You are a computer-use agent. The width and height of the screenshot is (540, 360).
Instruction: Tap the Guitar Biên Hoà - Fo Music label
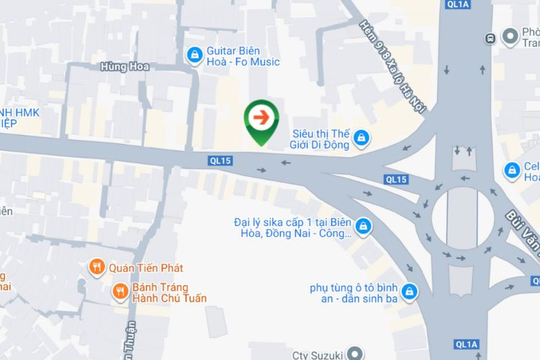pos(243,56)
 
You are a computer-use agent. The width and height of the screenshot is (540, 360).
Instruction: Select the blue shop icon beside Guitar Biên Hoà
pos(194,55)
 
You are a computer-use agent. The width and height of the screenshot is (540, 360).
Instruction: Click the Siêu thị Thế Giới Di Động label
pos(320,139)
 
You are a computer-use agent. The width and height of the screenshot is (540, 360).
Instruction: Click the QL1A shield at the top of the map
pos(458,4)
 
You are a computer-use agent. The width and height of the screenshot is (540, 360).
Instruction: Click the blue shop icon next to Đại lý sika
pos(364,225)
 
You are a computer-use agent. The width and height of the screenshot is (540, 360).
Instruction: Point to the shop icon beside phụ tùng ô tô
pos(410,291)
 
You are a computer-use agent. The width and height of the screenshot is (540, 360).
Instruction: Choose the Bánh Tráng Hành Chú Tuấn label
pos(169,292)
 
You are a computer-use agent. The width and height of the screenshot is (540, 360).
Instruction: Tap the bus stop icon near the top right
pos(490,37)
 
